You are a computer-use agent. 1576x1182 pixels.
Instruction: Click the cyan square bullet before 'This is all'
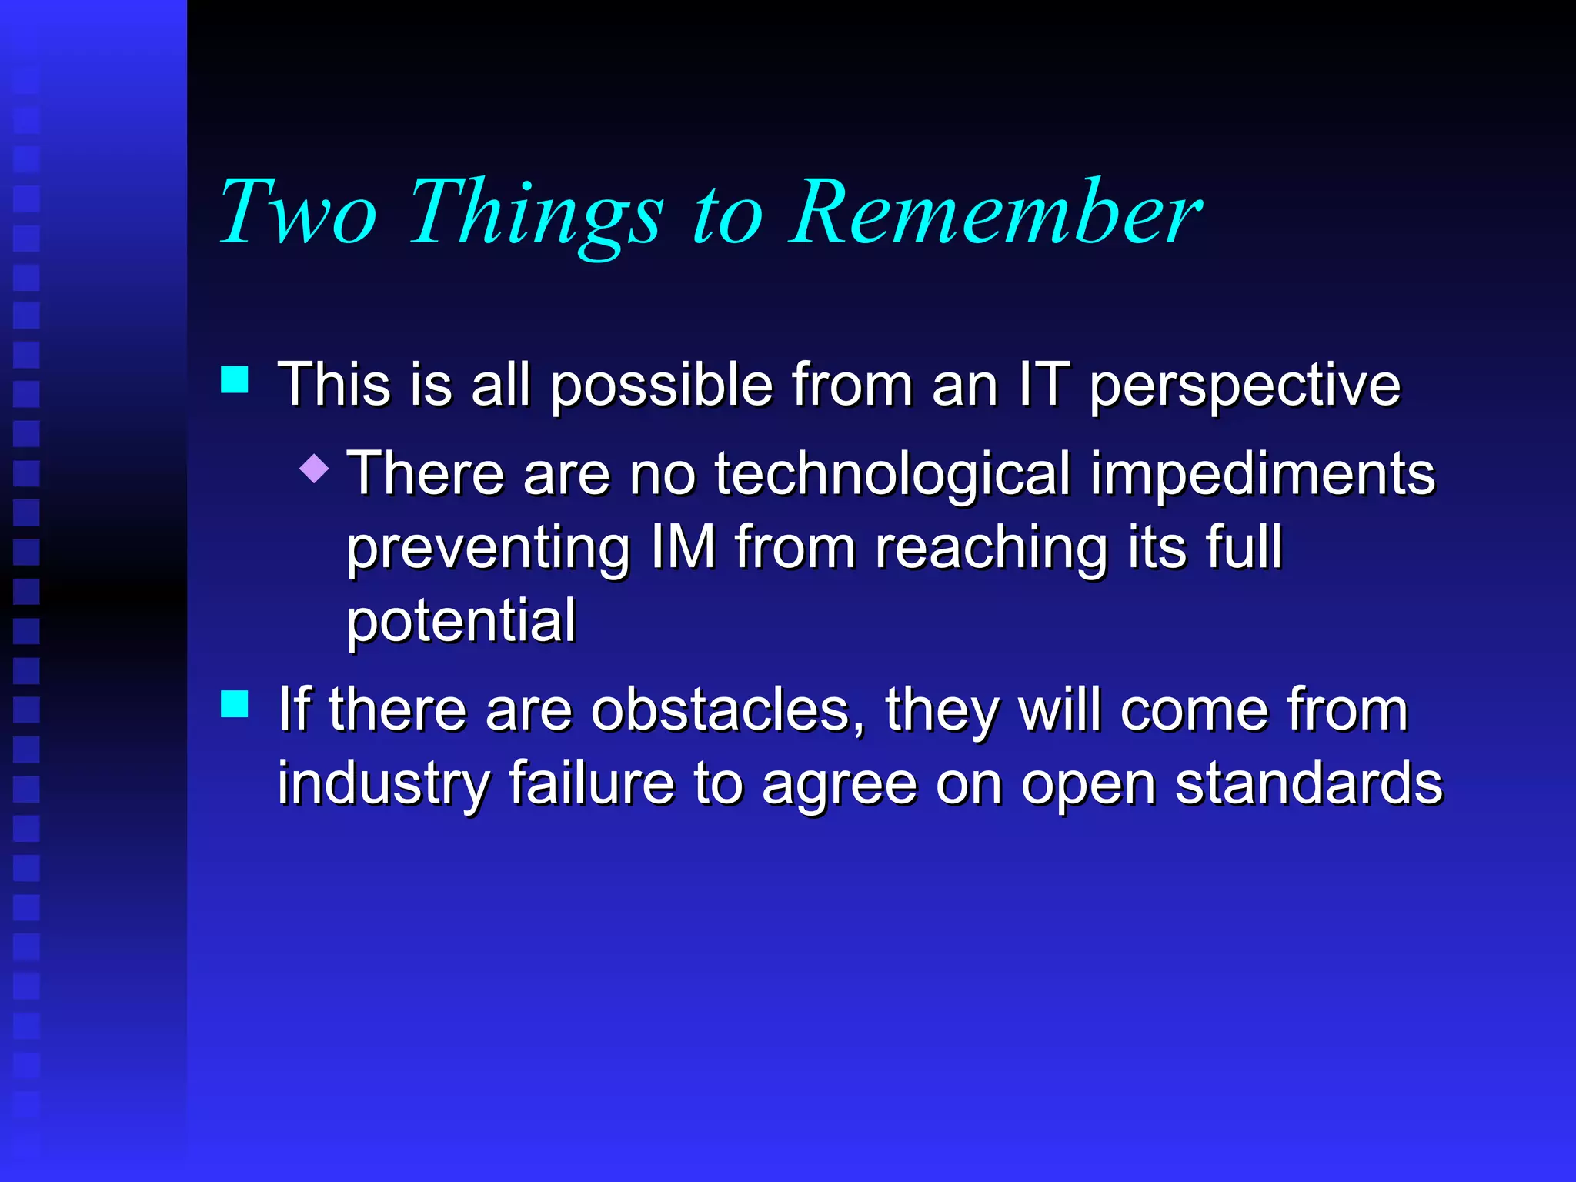coord(235,379)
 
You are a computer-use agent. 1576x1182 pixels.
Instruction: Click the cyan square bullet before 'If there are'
coord(235,703)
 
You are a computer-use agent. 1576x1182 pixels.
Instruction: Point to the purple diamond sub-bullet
coord(314,468)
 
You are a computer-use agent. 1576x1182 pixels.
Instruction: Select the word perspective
coord(1245,386)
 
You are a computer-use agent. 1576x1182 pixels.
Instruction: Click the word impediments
coord(1262,475)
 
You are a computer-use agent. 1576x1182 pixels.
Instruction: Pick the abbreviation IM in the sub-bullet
coord(683,546)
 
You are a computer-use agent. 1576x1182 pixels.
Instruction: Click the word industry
coord(383,783)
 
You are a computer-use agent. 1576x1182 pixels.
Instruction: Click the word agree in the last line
coord(840,785)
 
